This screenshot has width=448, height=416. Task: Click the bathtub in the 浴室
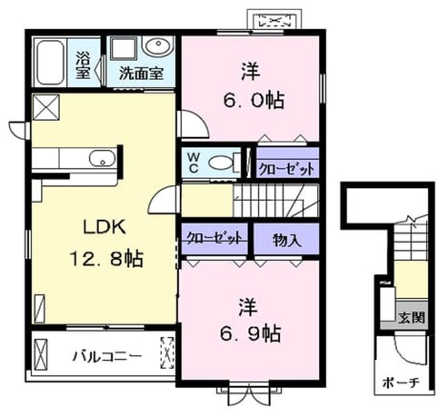[51, 62]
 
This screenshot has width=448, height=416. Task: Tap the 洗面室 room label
[141, 73]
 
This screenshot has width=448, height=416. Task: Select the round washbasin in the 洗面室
[157, 46]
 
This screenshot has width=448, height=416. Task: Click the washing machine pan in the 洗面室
[124, 49]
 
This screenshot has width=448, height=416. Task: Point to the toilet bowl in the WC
[221, 163]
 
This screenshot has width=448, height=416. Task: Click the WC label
[193, 162]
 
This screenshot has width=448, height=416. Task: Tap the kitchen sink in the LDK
[102, 158]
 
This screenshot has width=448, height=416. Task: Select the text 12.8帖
[106, 258]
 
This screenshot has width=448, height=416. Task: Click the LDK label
[104, 227]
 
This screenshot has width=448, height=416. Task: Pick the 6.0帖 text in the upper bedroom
[254, 100]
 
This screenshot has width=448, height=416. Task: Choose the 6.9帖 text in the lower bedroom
[250, 333]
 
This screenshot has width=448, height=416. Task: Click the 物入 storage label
[287, 240]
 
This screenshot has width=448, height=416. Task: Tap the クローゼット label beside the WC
[286, 169]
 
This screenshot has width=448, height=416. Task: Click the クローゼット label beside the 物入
[214, 238]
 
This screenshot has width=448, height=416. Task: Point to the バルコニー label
[108, 357]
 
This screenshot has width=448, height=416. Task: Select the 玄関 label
[412, 317]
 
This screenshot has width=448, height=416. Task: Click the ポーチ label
[401, 383]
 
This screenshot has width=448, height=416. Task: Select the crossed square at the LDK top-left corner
[46, 107]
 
